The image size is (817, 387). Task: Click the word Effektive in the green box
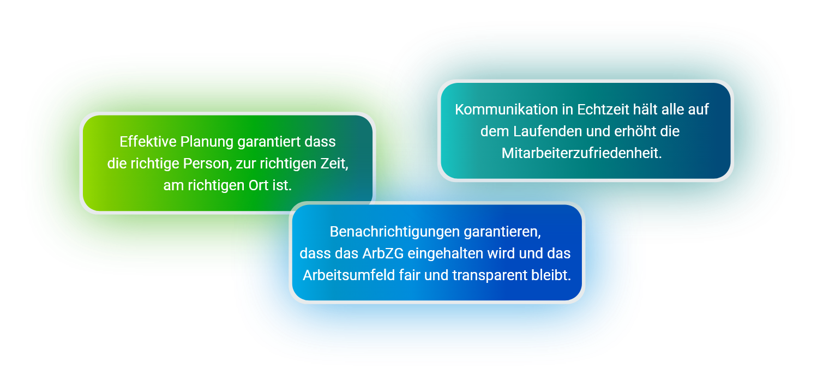(x=148, y=142)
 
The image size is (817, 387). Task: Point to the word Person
(x=207, y=164)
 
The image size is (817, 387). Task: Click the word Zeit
(x=334, y=164)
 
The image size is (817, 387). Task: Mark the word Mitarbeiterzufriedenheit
(x=581, y=153)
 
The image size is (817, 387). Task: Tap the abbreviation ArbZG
(x=383, y=253)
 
